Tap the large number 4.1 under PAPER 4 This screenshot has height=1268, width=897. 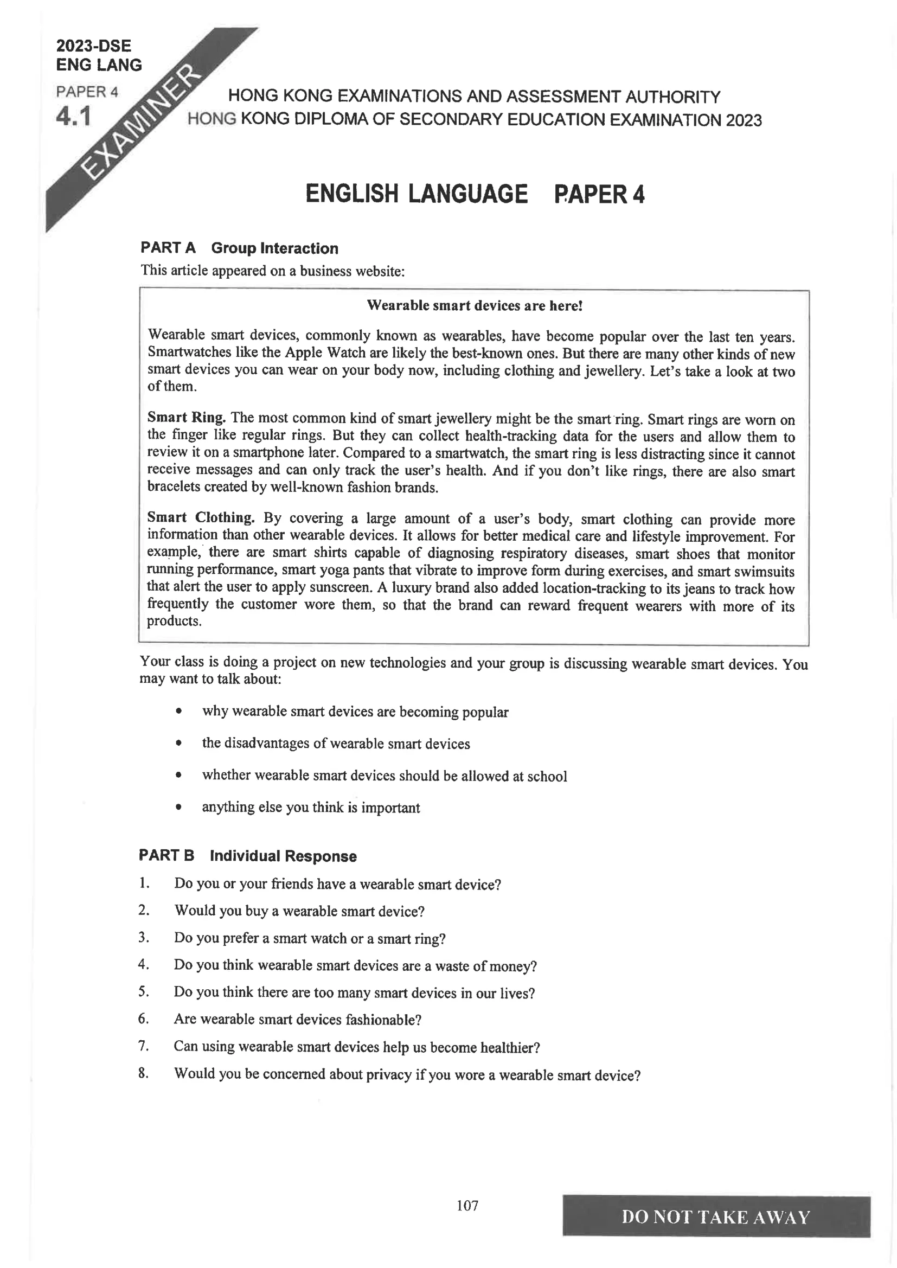[73, 117]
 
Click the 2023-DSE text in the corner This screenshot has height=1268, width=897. [94, 46]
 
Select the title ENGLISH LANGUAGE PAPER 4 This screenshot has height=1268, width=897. [475, 194]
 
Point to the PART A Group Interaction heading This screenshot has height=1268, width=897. [239, 248]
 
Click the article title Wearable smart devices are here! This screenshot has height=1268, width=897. [475, 305]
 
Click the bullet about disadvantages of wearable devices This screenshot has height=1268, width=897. [336, 744]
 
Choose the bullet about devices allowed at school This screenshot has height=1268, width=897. [385, 776]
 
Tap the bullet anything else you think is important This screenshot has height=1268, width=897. [310, 808]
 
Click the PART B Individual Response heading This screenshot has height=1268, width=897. [247, 856]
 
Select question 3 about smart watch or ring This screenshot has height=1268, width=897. [309, 938]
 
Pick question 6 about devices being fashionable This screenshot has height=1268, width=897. [297, 1020]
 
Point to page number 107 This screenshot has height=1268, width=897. [467, 1205]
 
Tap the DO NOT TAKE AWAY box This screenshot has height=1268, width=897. [716, 1216]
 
